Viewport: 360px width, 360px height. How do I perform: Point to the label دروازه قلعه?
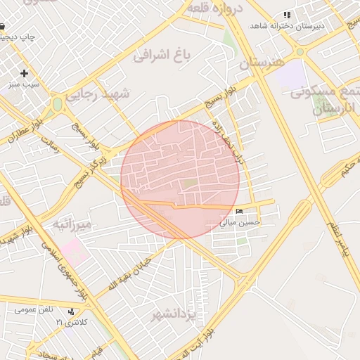[x=215, y=8]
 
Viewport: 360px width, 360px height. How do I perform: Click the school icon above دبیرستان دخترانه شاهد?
[x=286, y=15]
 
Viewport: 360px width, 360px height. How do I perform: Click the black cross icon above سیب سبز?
[x=25, y=73]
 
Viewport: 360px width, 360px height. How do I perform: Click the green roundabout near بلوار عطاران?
[x=57, y=104]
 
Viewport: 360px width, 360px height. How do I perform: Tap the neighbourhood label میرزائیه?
[x=72, y=224]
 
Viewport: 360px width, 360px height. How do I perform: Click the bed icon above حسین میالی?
[x=240, y=212]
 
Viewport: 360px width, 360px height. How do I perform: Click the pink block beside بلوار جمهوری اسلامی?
[x=74, y=250]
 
